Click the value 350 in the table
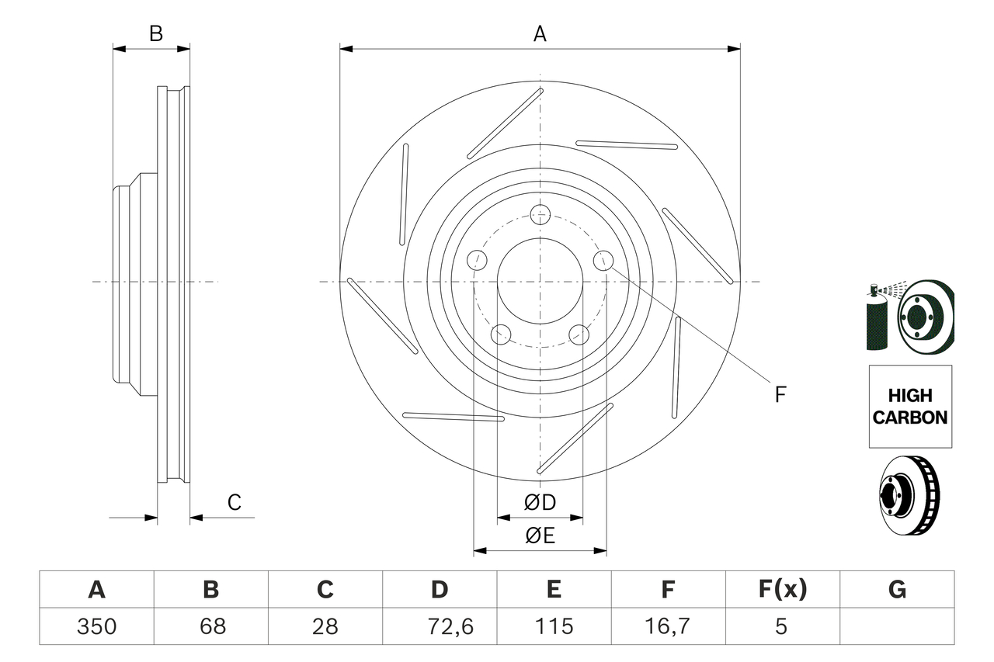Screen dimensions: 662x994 point(97,626)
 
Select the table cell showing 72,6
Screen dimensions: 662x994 point(440,626)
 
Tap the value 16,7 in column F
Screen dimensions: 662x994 point(668,626)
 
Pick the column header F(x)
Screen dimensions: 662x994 point(782,590)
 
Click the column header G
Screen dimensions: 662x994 point(897,590)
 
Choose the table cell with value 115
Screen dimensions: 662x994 point(554,626)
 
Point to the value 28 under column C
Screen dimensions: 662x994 point(325,626)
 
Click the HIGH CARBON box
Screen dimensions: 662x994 point(910,407)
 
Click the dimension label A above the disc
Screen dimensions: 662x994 point(540,34)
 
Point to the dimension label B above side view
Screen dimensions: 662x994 point(156,34)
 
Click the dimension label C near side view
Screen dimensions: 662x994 point(235,502)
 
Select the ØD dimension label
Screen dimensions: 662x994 point(540,503)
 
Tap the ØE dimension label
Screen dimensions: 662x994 point(540,536)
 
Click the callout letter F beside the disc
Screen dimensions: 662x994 point(780,394)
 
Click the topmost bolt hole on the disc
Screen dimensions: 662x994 point(540,214)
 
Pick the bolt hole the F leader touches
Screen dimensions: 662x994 point(603,262)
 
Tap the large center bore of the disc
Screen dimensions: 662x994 point(540,281)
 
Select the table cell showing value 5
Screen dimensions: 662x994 point(782,626)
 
